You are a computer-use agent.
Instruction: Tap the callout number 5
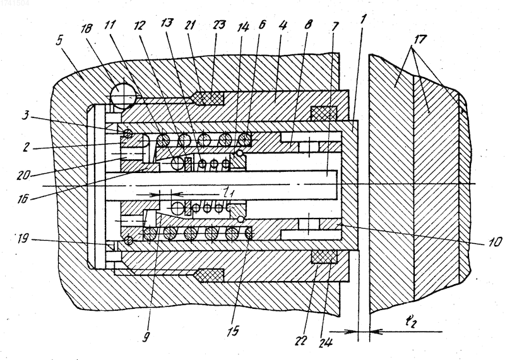(x=59, y=40)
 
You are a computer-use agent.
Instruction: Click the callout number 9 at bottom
(x=146, y=337)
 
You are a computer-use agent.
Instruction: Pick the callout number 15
(x=233, y=330)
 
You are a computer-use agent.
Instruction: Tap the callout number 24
(x=325, y=342)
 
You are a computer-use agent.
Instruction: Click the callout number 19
(x=22, y=239)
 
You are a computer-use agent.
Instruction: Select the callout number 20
(x=23, y=175)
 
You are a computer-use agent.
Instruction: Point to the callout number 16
(x=23, y=199)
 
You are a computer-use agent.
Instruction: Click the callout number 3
(x=26, y=115)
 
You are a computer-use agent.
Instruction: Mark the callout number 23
(x=219, y=25)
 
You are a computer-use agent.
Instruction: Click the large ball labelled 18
(x=122, y=95)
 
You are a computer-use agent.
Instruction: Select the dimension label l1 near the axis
(x=229, y=193)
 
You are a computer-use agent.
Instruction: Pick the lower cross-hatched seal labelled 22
(x=324, y=257)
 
